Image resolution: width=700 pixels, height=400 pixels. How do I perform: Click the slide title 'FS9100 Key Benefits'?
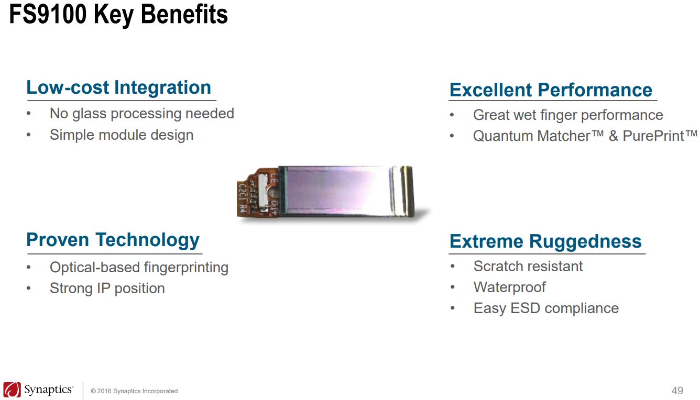[118, 15]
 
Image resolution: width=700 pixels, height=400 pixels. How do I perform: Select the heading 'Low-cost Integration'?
[119, 87]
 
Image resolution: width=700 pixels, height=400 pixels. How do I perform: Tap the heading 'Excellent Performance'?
[551, 90]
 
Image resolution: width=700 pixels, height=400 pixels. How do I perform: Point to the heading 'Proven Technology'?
[113, 240]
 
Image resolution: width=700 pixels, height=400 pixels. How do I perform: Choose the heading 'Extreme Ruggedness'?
[545, 241]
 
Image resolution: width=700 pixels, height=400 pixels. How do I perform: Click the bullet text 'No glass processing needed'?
[142, 114]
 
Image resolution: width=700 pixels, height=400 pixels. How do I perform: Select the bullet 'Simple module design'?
[122, 135]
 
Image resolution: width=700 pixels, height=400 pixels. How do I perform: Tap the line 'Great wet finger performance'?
[568, 115]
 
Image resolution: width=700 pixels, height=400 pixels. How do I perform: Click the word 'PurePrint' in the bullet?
[653, 136]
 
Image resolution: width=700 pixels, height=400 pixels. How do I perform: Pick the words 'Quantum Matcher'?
[532, 136]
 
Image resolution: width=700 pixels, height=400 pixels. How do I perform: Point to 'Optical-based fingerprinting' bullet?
[139, 268]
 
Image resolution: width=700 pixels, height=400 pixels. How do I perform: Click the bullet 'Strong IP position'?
[107, 288]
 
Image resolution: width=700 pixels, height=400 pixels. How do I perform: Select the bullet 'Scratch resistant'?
[528, 266]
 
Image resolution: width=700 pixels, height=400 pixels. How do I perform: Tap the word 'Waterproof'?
[510, 287]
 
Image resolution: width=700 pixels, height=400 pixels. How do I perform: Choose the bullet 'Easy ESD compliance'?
[546, 308]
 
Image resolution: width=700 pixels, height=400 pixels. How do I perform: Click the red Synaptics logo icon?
[12, 390]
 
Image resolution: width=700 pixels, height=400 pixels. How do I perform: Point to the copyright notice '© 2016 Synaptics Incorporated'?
[134, 391]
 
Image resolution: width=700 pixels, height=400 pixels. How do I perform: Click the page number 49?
[677, 391]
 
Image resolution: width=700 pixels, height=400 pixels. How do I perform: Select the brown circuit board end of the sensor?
[258, 193]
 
